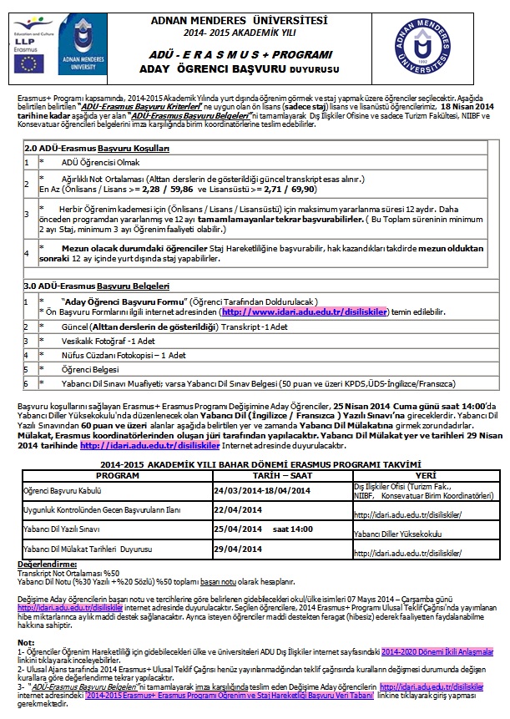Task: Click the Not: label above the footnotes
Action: pos(25,642)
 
